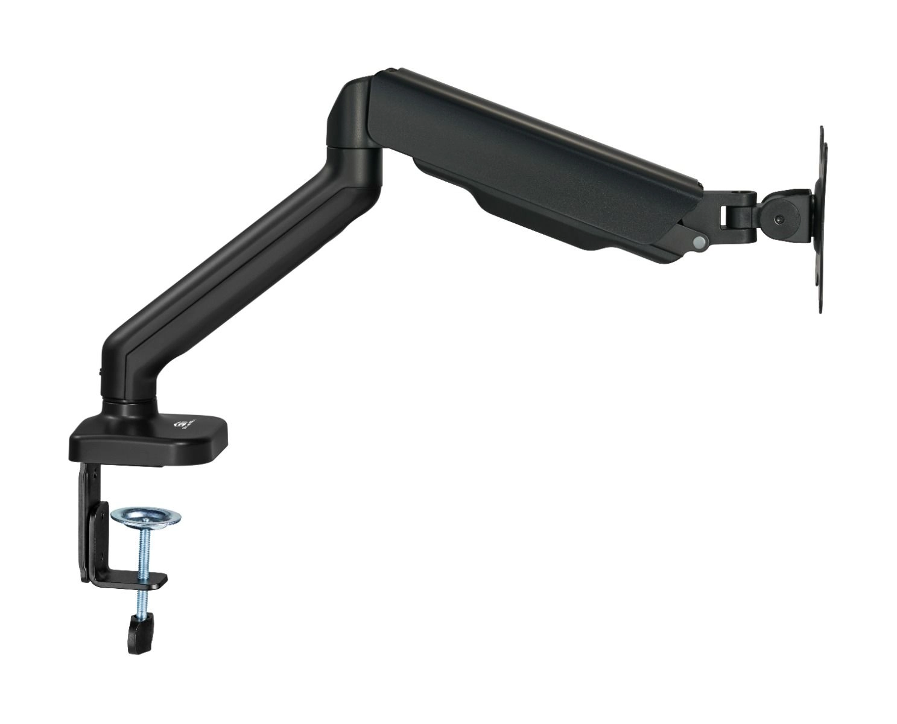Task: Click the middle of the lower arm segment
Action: pos(241,259)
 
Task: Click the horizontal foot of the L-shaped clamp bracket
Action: pos(130,579)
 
